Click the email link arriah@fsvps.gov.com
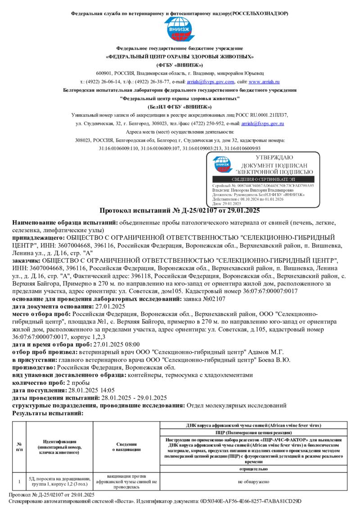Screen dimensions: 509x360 click(x=211, y=82)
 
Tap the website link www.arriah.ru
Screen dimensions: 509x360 click(x=264, y=82)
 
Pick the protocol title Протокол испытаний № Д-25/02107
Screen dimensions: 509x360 click(x=180, y=210)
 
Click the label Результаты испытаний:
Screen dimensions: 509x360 click(x=48, y=413)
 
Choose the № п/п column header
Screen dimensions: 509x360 click(x=19, y=446)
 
